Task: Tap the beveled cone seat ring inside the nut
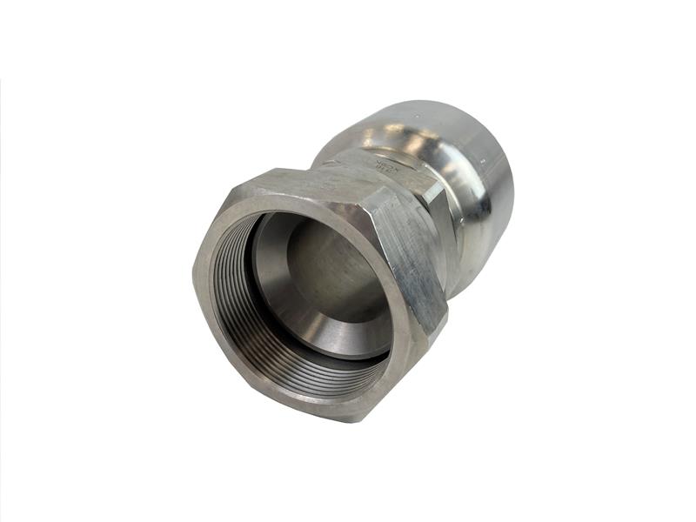[348, 322]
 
